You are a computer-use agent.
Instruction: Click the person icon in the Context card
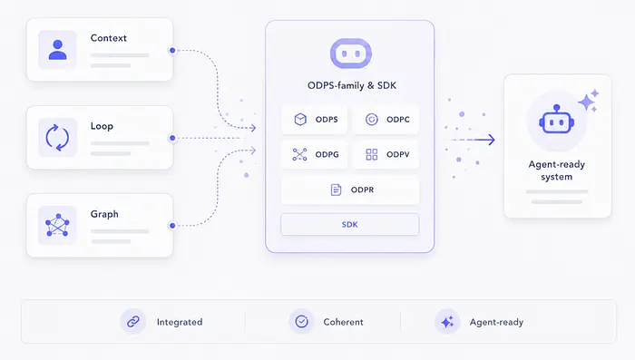tap(57, 50)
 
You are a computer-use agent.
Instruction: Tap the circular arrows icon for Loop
tap(57, 138)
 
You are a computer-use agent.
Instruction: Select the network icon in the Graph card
tap(57, 225)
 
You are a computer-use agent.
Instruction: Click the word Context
tap(109, 38)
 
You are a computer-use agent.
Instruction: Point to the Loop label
tap(102, 126)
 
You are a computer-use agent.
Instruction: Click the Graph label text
tap(104, 214)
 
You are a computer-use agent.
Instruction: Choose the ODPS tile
tap(315, 120)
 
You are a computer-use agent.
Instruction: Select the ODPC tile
tap(386, 120)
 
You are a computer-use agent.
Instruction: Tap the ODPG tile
tap(315, 154)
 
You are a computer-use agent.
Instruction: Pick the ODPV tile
tap(386, 154)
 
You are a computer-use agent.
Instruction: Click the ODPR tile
tap(350, 190)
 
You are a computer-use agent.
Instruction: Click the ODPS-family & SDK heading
tap(352, 85)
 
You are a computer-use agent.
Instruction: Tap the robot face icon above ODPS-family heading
tap(351, 54)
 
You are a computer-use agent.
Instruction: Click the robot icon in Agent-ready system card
tap(556, 120)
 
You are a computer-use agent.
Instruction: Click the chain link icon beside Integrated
tap(133, 322)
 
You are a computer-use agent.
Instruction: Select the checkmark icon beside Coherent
tap(302, 322)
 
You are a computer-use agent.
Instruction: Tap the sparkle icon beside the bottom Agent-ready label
tap(447, 322)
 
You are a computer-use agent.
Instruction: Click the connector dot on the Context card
tap(172, 50)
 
